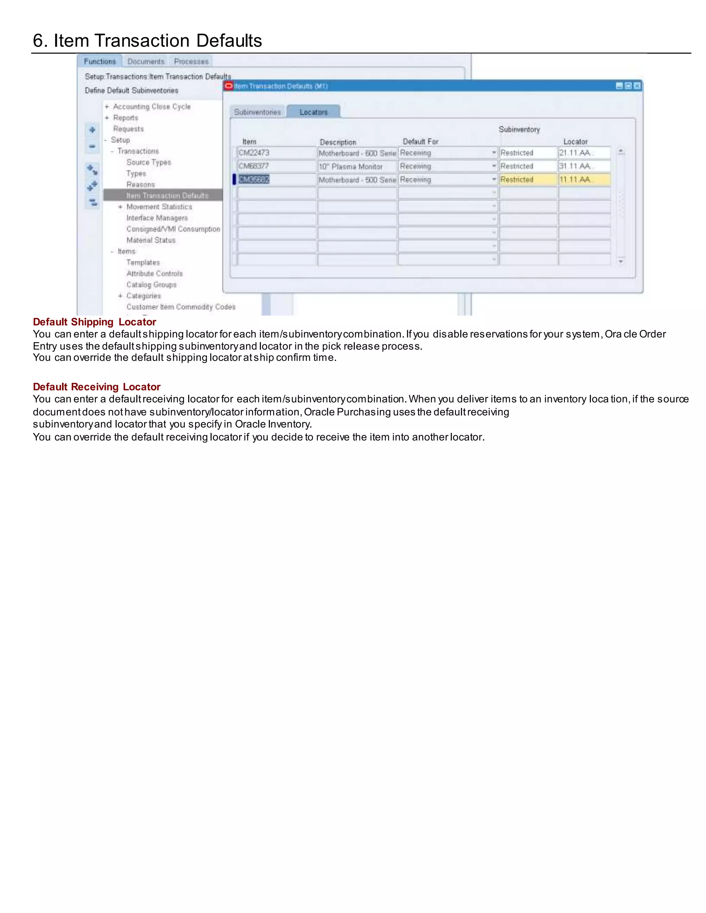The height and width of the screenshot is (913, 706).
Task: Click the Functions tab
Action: point(100,61)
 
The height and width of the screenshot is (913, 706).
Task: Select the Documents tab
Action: point(146,61)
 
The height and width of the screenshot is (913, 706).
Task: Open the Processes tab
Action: point(191,61)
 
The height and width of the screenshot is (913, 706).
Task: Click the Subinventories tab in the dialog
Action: point(257,112)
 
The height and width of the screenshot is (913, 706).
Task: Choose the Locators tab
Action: point(314,112)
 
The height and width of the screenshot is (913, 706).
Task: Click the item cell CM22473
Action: point(276,153)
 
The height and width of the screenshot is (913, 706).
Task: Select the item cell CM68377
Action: point(276,166)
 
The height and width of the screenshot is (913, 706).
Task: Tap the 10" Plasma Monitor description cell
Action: point(357,167)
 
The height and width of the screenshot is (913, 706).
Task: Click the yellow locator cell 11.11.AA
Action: point(584,180)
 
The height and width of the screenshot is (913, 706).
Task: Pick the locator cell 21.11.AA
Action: point(584,153)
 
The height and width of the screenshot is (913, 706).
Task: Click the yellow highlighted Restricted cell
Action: point(528,180)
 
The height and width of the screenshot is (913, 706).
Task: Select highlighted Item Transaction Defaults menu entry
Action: point(167,196)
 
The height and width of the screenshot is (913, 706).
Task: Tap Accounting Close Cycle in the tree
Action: point(152,106)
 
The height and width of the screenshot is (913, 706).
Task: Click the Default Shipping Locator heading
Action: point(94,322)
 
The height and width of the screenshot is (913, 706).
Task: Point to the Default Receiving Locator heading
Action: point(97,387)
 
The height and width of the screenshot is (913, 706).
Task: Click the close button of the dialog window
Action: point(637,86)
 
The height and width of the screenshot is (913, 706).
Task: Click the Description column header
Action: point(338,142)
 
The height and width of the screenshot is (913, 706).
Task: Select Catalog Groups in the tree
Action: point(151,285)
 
